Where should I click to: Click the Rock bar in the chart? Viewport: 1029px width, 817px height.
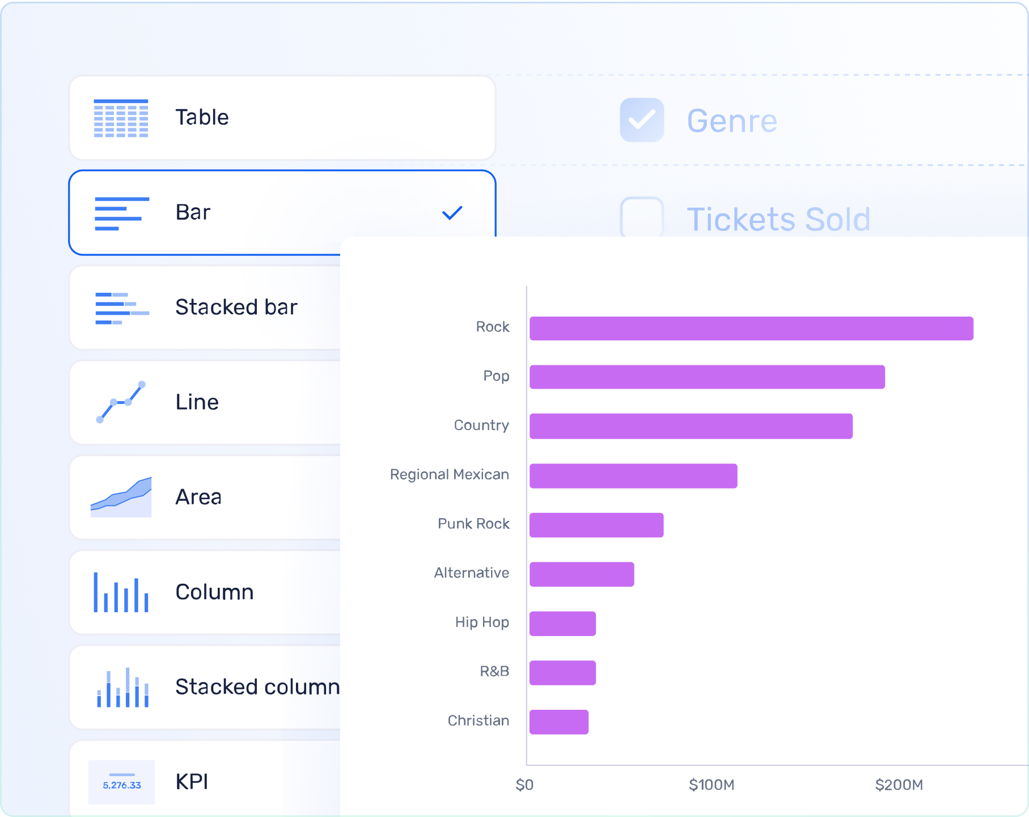point(751,329)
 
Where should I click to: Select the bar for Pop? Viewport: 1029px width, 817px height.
point(707,377)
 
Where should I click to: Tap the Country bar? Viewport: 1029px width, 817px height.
point(691,426)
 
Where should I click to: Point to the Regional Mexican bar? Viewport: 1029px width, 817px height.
point(633,476)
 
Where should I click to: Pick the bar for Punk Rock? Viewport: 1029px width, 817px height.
point(596,525)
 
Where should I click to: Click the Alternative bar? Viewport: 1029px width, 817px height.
point(582,574)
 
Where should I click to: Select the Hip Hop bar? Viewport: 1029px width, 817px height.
point(562,624)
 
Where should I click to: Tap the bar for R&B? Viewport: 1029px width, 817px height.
point(562,673)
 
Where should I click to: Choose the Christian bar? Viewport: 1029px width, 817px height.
point(559,722)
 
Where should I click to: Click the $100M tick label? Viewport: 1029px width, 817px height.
point(712,785)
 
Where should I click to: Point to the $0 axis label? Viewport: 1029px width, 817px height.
point(524,785)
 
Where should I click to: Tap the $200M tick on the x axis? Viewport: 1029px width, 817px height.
point(899,785)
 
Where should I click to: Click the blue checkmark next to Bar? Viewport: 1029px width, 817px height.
point(452,213)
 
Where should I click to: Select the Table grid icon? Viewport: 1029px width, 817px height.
point(121,118)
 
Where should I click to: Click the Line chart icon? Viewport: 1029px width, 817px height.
point(121,402)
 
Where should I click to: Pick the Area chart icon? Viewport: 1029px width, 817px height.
point(121,497)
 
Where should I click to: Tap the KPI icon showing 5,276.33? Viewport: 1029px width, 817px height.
point(121,782)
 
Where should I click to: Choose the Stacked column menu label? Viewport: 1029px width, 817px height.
point(257,687)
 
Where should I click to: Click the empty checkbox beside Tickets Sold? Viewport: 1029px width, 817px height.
point(642,217)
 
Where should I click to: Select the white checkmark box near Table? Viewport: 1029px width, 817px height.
point(642,119)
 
